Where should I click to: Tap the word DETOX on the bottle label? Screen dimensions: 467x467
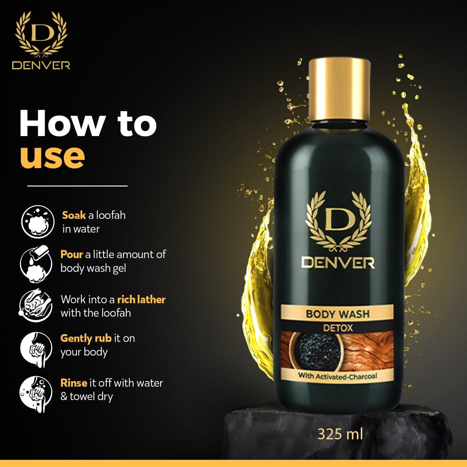(338, 328)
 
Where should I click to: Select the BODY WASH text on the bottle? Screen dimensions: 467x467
(338, 314)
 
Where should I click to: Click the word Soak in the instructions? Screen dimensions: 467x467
(74, 215)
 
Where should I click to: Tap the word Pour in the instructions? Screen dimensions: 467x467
(71, 254)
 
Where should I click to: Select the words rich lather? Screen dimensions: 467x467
(141, 300)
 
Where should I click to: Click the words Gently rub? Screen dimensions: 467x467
(86, 339)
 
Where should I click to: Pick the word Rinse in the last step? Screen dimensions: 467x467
(74, 383)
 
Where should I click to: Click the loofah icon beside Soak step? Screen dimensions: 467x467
(37, 221)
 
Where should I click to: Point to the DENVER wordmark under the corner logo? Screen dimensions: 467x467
(41, 65)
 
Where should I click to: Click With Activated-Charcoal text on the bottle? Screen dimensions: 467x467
(338, 376)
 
